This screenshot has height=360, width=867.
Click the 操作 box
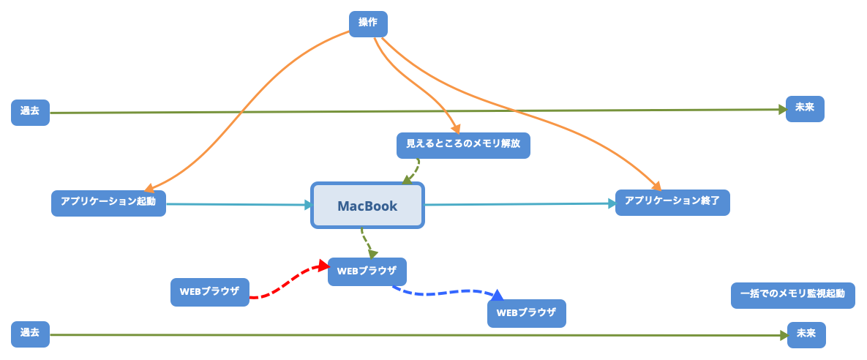click(368, 23)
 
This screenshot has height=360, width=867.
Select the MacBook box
click(367, 206)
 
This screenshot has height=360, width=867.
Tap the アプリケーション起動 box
click(108, 203)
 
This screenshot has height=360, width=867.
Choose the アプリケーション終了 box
click(672, 202)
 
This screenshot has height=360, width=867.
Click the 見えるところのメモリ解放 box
click(463, 145)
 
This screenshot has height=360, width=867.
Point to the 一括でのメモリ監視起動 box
click(792, 295)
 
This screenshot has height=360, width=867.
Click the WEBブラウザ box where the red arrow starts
click(209, 291)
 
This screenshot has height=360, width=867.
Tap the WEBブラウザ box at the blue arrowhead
click(526, 313)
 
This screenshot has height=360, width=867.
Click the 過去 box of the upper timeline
click(30, 112)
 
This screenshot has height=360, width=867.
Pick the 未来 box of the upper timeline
click(805, 109)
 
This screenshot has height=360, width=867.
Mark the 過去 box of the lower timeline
click(30, 334)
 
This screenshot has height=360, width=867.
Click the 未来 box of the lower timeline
click(806, 334)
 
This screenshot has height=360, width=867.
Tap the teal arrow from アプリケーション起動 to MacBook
click(238, 204)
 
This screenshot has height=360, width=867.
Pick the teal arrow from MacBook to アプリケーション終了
click(519, 204)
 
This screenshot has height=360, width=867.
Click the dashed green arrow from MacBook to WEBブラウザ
click(365, 241)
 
